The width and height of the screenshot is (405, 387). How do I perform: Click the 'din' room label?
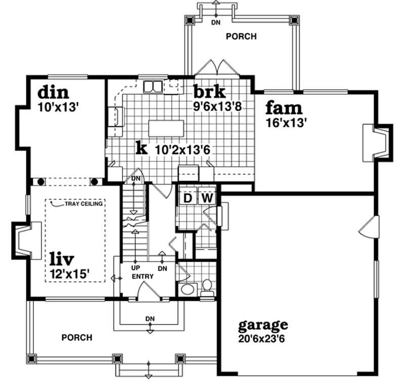(x=53, y=93)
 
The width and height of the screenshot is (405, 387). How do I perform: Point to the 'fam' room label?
(x=284, y=108)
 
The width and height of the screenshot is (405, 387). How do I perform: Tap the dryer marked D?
(x=187, y=197)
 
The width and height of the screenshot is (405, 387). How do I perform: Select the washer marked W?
(x=207, y=197)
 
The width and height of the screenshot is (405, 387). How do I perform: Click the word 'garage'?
(x=263, y=324)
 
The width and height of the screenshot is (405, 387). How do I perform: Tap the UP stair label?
(x=135, y=267)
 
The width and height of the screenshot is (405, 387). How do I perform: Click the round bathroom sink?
(x=188, y=290)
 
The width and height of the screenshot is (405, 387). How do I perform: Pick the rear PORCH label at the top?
(x=241, y=37)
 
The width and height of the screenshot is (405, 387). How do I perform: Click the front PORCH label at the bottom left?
(x=77, y=337)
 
